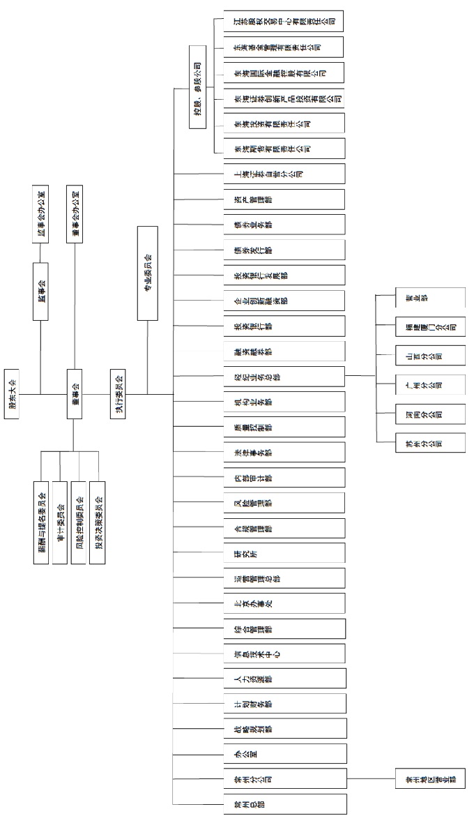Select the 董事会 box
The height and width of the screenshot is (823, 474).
76,394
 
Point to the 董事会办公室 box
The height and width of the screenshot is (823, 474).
76,213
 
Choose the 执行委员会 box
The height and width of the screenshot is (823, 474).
119,394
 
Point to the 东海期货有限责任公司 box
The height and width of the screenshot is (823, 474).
284,148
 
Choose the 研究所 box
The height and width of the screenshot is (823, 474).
284,552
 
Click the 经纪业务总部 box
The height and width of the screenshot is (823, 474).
284,377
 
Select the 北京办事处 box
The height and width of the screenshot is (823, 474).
284,603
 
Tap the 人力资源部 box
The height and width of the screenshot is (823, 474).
284,679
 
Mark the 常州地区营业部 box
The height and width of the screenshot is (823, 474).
429,779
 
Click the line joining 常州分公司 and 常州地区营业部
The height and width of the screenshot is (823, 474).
370,779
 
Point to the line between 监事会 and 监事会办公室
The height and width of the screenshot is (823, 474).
40,252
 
